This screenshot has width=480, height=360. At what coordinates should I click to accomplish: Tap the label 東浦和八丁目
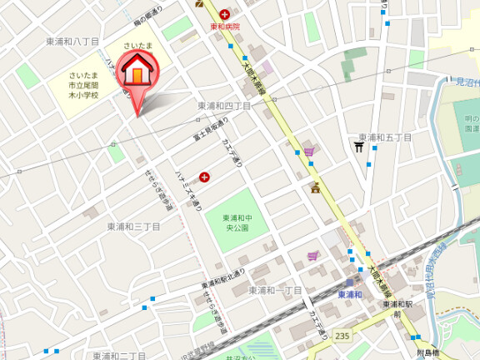(72, 41)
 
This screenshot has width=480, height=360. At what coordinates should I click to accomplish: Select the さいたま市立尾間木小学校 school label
(83, 85)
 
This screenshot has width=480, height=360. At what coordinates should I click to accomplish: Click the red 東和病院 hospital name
(224, 27)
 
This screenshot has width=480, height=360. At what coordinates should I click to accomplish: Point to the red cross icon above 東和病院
(224, 14)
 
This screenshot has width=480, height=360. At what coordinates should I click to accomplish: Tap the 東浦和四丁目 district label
(224, 106)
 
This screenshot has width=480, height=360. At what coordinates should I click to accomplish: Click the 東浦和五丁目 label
(386, 137)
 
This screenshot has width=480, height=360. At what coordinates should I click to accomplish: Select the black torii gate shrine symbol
(359, 147)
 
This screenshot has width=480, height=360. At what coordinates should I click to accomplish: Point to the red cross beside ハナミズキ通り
(204, 176)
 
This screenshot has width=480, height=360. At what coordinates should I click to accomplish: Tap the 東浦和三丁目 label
(133, 226)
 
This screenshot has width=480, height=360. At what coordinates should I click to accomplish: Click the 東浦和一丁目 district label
(275, 290)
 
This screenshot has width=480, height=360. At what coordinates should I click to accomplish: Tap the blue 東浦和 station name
(350, 295)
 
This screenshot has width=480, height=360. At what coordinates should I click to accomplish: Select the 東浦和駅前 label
(397, 309)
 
